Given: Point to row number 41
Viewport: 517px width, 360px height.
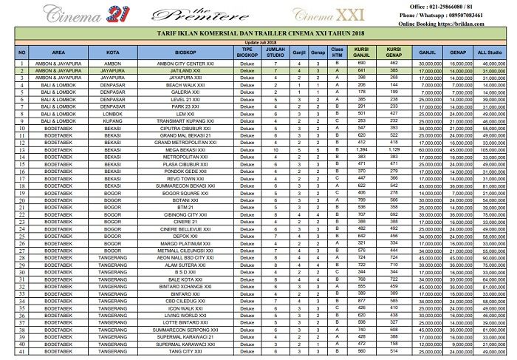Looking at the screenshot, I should click(x=22, y=351).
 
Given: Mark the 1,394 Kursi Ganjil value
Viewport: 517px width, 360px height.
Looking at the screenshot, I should click(x=362, y=150).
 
